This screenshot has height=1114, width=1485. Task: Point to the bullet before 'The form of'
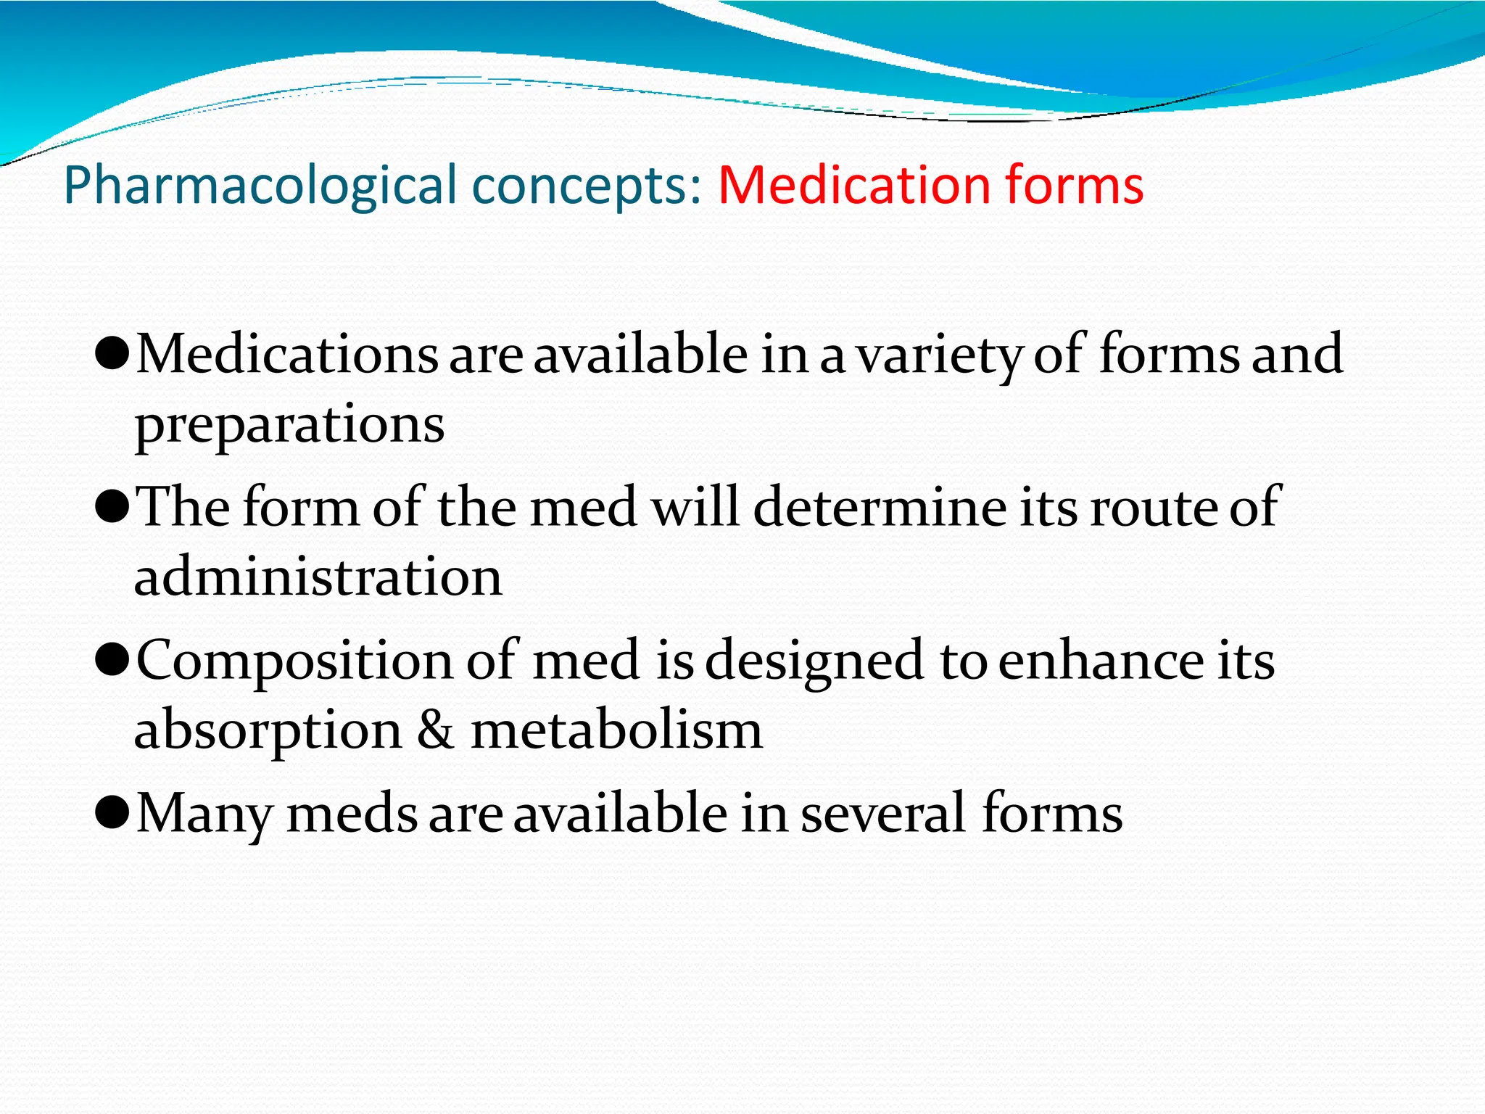click(x=112, y=508)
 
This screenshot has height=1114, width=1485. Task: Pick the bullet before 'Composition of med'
click(x=112, y=661)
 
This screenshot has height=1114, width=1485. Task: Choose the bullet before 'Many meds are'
click(x=112, y=814)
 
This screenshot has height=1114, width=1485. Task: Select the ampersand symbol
click(x=435, y=730)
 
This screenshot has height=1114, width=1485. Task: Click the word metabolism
click(x=616, y=730)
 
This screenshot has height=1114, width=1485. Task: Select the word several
click(x=883, y=813)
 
